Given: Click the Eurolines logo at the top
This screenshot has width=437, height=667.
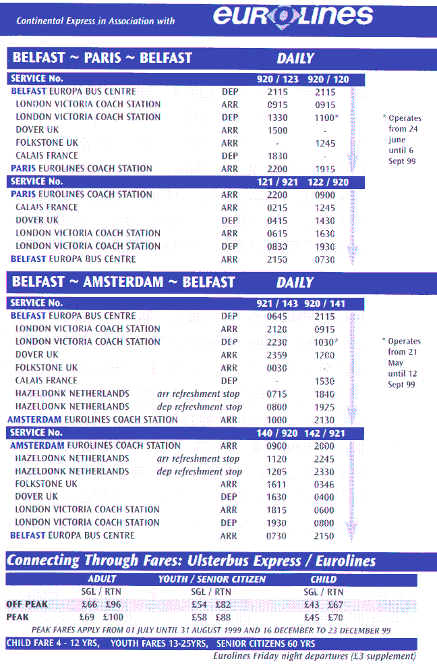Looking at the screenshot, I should click(x=293, y=16).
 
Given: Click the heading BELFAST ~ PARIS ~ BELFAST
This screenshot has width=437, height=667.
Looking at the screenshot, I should click(x=102, y=57).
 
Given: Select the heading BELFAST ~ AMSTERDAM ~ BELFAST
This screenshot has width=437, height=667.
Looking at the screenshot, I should click(x=123, y=282).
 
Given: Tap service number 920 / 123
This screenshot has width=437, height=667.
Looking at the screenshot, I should click(x=277, y=79).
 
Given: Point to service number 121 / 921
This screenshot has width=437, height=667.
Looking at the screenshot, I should click(x=277, y=182).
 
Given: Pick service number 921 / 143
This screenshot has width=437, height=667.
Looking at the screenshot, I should click(x=277, y=304).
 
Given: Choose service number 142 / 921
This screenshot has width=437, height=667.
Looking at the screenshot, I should click(x=328, y=433).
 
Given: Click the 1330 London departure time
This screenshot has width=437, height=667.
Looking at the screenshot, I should click(x=277, y=117).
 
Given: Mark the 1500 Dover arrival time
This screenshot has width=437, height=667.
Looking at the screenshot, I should click(x=277, y=130).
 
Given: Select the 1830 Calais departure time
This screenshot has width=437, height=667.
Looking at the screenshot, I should click(x=277, y=156).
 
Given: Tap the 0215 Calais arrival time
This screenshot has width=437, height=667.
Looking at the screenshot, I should click(x=277, y=208).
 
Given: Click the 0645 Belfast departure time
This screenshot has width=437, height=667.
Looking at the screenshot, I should click(x=277, y=317).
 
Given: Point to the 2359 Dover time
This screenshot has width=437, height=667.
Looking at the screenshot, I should click(x=277, y=355).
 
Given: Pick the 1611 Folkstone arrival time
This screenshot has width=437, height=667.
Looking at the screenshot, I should click(x=277, y=484).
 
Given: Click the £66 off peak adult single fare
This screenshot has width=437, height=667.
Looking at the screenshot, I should click(x=90, y=604).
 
